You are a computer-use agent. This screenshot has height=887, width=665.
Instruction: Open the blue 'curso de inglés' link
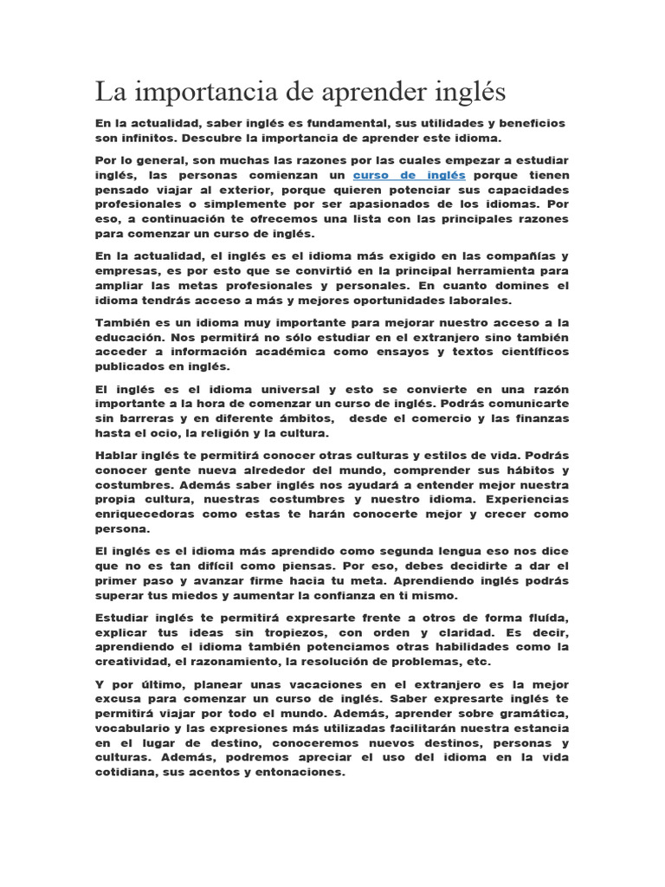click(409, 175)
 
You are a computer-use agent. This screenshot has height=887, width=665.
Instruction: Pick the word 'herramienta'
click(500, 271)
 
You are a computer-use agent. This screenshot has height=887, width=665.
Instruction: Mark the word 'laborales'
click(481, 301)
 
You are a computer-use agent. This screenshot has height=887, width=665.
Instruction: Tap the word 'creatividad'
click(134, 662)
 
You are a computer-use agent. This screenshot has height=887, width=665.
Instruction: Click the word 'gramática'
click(530, 714)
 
